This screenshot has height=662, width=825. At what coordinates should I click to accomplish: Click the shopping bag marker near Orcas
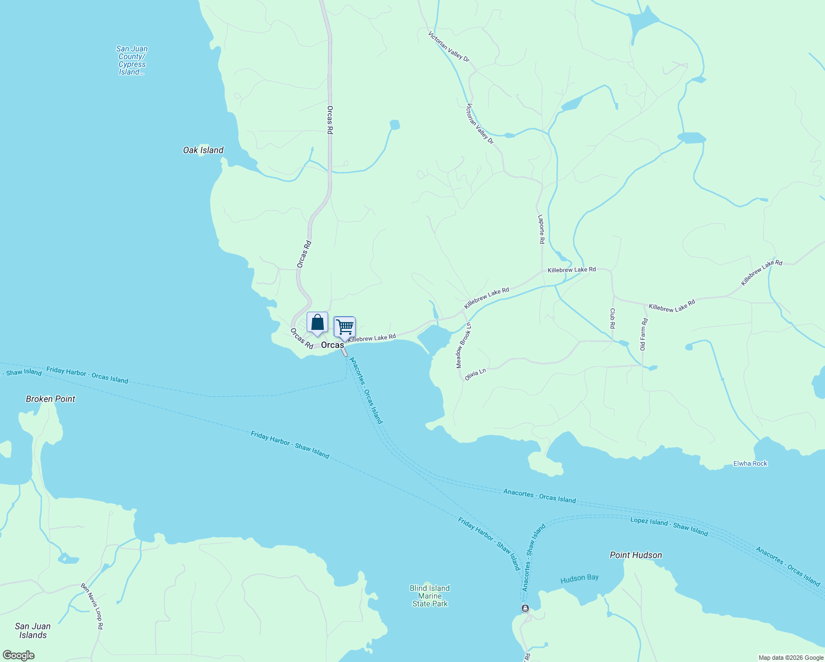(317, 323)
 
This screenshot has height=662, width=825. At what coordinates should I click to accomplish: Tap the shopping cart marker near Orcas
(345, 327)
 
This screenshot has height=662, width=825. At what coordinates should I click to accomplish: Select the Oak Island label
(203, 150)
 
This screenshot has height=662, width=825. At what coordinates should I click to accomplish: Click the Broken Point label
(50, 399)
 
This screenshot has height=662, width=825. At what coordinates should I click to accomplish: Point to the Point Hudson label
(636, 555)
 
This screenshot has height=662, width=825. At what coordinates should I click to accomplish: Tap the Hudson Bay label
(579, 578)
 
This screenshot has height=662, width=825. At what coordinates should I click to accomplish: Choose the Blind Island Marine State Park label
(430, 596)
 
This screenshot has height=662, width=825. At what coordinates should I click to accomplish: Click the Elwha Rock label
(750, 463)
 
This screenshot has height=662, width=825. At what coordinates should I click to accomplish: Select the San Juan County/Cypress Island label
(132, 60)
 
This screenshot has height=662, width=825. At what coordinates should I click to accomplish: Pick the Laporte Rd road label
(542, 229)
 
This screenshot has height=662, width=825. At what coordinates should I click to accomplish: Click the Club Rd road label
(612, 318)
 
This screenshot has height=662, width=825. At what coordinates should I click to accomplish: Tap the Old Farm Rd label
(643, 335)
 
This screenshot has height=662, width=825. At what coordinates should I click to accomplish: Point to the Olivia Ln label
(475, 375)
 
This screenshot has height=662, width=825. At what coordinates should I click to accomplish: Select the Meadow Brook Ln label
(463, 345)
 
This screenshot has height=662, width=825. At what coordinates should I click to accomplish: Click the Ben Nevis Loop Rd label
(92, 606)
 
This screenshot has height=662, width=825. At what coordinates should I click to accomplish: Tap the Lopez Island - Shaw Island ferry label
(669, 526)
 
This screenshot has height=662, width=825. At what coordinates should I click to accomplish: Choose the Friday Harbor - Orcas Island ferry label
(87, 375)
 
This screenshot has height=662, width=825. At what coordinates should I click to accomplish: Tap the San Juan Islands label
(33, 631)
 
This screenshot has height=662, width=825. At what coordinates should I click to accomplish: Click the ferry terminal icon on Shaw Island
(524, 608)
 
